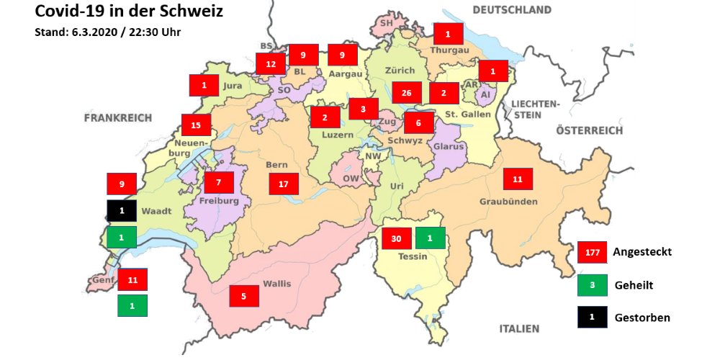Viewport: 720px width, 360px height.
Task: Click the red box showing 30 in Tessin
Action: tap(396, 238)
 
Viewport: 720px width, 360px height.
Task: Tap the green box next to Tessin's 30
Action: tap(430, 238)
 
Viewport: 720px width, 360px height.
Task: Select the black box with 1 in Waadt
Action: tap(122, 211)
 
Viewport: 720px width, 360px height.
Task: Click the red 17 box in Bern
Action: tap(284, 184)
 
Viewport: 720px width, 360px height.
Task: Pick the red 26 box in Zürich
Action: tap(407, 93)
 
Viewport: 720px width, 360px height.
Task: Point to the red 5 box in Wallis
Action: tap(243, 295)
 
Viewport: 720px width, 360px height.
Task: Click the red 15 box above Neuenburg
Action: tap(196, 125)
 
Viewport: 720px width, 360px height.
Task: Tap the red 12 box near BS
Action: tap(270, 64)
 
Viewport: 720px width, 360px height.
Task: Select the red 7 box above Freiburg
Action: tap(219, 182)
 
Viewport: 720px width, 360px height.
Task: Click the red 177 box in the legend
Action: tap(593, 253)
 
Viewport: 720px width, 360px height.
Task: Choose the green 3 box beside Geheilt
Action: tap(593, 285)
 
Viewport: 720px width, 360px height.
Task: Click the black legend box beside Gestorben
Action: tap(593, 317)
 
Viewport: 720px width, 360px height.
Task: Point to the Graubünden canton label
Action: tap(508, 202)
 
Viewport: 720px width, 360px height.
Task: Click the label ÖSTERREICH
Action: tap(589, 130)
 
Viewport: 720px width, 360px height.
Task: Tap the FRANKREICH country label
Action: tap(117, 117)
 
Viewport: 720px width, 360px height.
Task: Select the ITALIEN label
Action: tap(519, 329)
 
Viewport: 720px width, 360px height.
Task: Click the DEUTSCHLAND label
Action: tap(512, 10)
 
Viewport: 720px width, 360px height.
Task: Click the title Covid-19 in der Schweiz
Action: tap(119, 12)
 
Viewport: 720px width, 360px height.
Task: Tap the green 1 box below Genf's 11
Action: tap(132, 305)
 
